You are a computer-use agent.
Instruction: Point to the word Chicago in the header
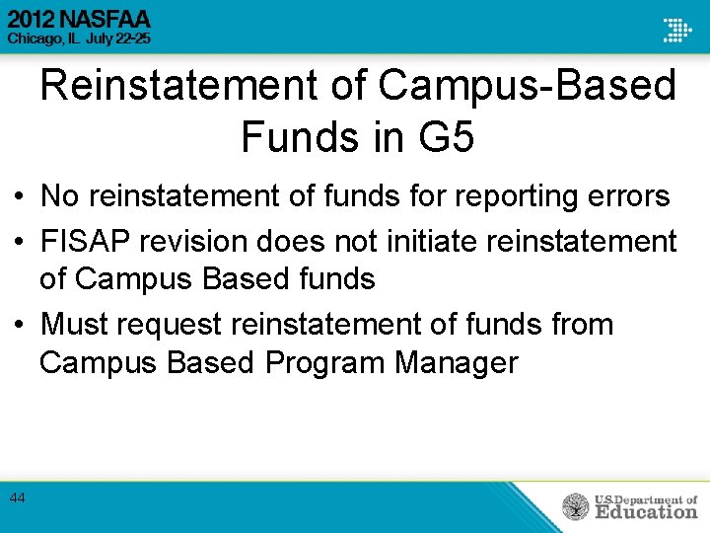tap(32, 38)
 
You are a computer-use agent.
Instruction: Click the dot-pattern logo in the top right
tap(677, 30)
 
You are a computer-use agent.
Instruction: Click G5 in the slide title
tap(446, 136)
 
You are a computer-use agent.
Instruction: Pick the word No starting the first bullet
tap(60, 196)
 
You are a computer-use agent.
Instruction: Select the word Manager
tap(456, 362)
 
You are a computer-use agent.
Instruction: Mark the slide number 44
tap(17, 498)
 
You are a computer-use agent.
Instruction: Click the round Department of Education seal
tap(575, 506)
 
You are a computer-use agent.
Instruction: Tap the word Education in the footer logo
tap(646, 511)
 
